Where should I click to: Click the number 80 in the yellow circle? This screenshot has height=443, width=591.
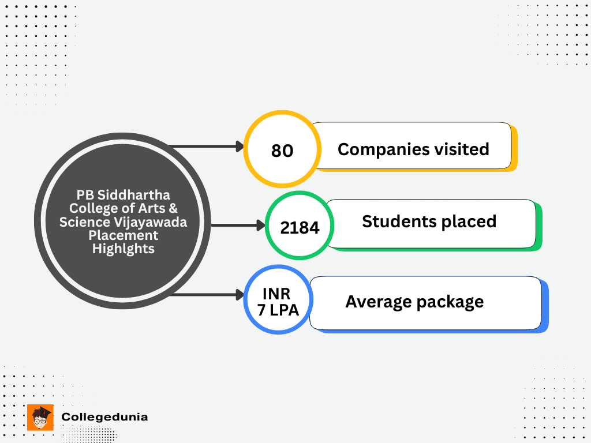(x=282, y=151)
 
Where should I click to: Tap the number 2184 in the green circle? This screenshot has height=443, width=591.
(x=300, y=227)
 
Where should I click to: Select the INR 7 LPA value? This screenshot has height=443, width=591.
(x=278, y=302)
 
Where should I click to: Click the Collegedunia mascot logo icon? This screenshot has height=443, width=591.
(x=40, y=417)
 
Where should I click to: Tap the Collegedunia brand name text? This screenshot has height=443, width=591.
(x=104, y=416)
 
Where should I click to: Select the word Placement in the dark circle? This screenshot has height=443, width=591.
(x=124, y=235)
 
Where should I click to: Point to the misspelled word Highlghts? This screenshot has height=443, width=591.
(x=124, y=249)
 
